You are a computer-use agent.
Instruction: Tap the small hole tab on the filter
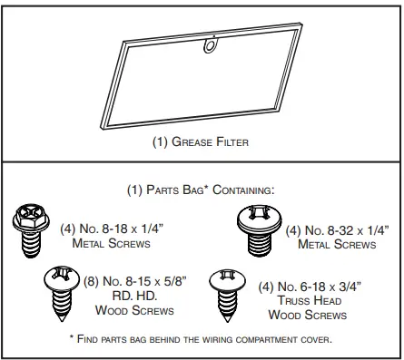212,43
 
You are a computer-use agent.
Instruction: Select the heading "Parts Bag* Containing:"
201,191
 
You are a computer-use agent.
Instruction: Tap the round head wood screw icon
62,289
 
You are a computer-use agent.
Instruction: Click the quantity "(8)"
94,281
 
